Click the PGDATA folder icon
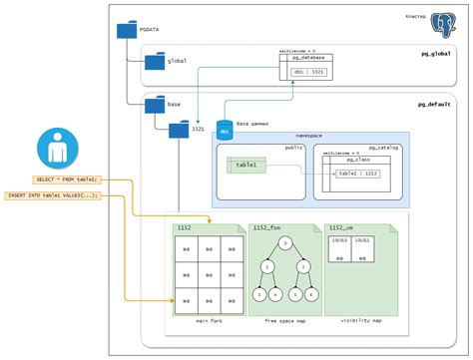point(127,30)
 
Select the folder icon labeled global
point(155,62)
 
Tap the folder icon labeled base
point(155,104)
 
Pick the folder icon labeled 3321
point(180,129)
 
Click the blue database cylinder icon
point(226,127)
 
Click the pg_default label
point(435,104)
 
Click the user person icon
point(52,149)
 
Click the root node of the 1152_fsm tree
point(284,242)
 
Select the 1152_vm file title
point(341,228)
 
